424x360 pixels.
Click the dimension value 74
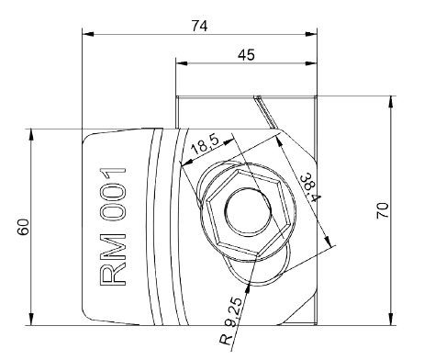tap(199, 26)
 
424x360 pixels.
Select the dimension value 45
tap(246, 55)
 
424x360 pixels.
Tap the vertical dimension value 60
tap(23, 227)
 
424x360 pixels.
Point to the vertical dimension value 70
tap(383, 210)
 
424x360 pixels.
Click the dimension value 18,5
tap(206, 145)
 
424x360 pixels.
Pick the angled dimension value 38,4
tap(310, 187)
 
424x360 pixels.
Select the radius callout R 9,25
tap(231, 321)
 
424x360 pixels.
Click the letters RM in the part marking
tap(113, 260)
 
